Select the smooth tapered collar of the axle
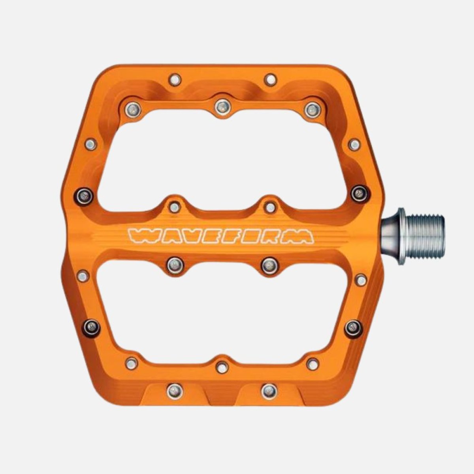pyautogui.click(x=391, y=237)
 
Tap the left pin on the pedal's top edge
pyautogui.click(x=175, y=80)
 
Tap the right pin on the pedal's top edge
pyautogui.click(x=271, y=79)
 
